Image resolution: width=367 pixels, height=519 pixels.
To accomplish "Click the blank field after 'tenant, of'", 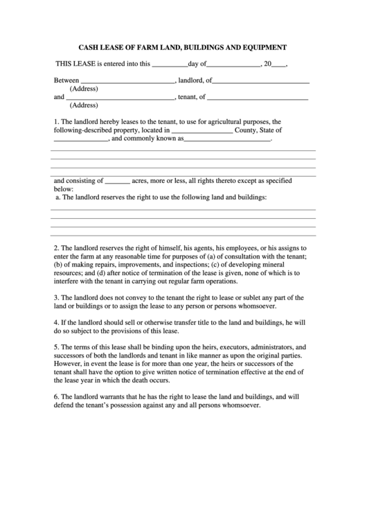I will coord(258,98).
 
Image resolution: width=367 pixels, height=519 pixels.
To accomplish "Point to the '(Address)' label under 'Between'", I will coord(84,89).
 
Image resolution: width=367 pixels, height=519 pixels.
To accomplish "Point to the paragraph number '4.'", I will coord(56,322).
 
